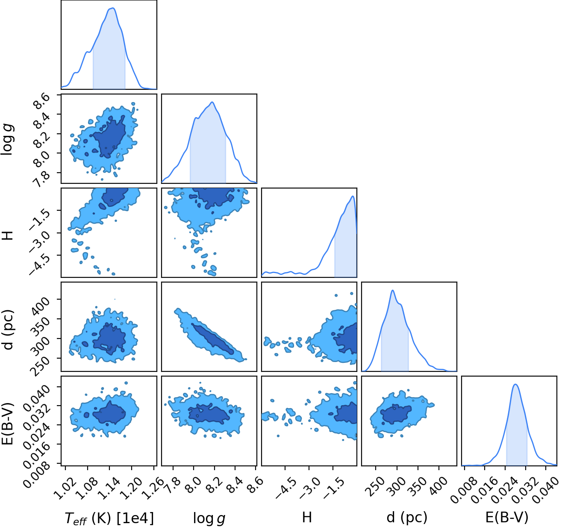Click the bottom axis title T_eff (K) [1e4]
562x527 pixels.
coord(109,518)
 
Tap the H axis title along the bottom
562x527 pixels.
coord(307,517)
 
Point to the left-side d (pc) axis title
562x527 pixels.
coord(8,330)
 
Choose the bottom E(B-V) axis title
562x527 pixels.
coord(507,517)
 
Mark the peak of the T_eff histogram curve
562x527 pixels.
coord(113,8)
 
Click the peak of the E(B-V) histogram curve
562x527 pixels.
coord(515,384)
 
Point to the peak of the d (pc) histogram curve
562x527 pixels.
coord(392,290)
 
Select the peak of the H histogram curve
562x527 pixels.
coord(353,196)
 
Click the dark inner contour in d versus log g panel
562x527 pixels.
coord(212,339)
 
